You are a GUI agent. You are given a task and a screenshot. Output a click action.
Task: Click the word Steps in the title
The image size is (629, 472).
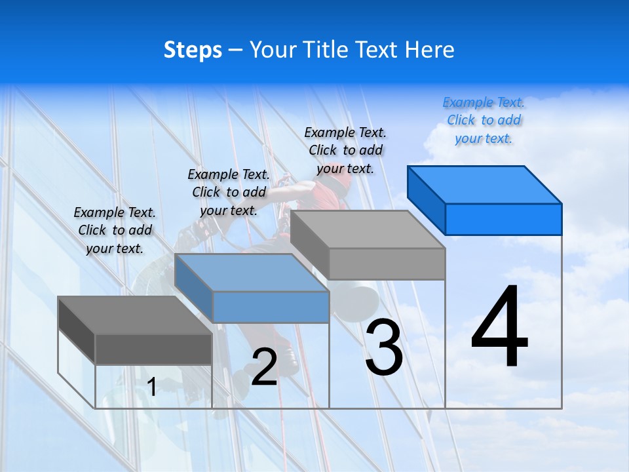(193, 50)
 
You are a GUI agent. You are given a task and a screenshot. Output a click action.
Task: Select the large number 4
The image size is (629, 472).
(499, 327)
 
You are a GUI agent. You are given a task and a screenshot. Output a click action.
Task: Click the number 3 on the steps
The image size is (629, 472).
(384, 347)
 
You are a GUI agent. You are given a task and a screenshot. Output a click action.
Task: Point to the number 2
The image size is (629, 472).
(264, 368)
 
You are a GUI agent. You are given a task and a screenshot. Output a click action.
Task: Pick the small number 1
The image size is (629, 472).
(152, 387)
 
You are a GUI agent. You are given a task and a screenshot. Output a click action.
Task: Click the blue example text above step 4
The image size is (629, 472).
(484, 121)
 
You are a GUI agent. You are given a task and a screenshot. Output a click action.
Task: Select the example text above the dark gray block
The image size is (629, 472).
(115, 231)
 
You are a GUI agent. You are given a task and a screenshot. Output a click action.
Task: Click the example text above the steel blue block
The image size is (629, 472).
(229, 193)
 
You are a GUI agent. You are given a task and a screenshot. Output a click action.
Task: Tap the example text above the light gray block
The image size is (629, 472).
(345, 151)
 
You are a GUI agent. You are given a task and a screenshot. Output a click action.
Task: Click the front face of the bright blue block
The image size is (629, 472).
(503, 219)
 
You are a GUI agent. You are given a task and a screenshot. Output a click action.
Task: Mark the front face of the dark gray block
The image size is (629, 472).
(153, 349)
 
